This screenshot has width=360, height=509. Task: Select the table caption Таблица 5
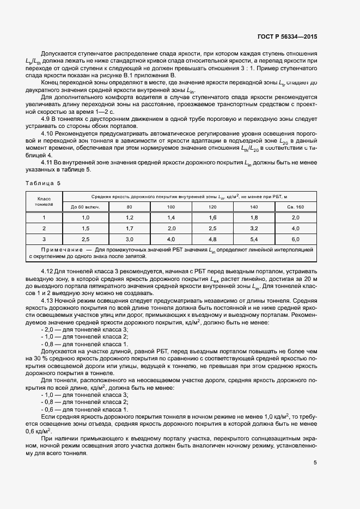pyautogui.click(x=44, y=183)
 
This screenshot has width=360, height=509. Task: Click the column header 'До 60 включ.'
pyautogui.click(x=78, y=207)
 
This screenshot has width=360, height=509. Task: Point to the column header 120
pyautogui.click(x=212, y=207)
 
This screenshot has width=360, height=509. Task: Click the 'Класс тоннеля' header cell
pyautogui.click(x=44, y=202)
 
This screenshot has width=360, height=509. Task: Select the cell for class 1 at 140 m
pyautogui.click(x=254, y=217)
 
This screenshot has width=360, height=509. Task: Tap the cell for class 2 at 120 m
pyautogui.click(x=212, y=228)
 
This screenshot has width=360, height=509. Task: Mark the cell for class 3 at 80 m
pyautogui.click(x=130, y=239)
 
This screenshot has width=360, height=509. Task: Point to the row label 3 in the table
pyautogui.click(x=44, y=239)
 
